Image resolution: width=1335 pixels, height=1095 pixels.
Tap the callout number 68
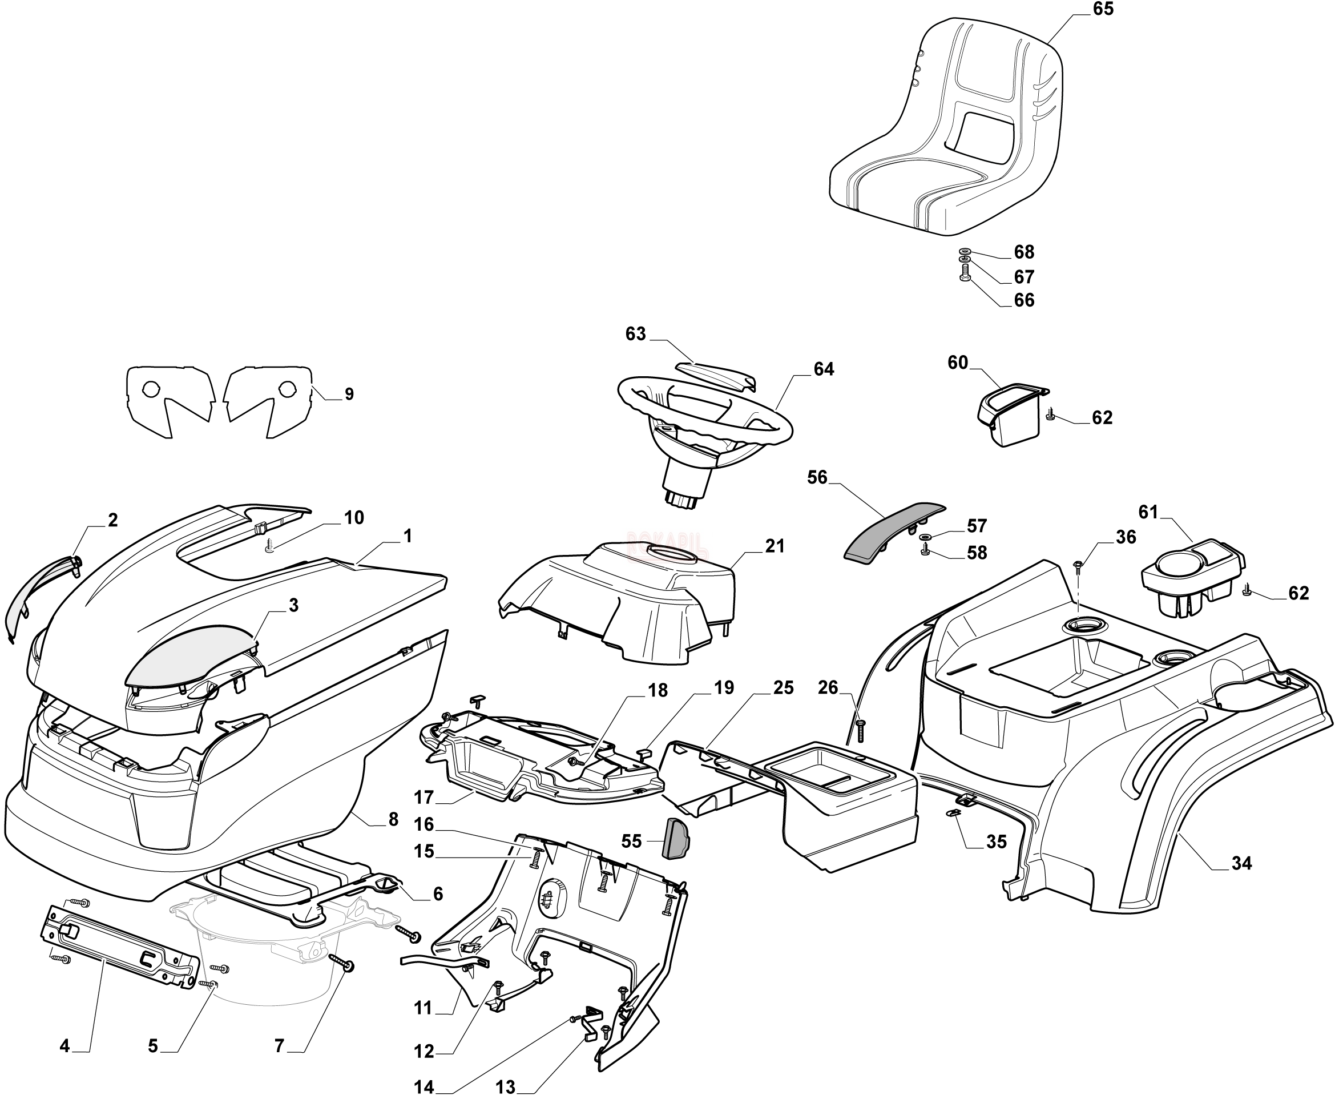coord(1023,252)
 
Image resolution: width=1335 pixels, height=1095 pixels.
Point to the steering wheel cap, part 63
coord(716,373)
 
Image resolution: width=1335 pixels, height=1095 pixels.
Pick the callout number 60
coord(957,363)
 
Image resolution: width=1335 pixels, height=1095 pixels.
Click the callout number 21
coord(775,546)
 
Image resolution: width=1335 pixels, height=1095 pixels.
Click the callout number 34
coord(1241,863)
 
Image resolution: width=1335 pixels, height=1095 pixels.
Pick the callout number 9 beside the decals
coord(349,394)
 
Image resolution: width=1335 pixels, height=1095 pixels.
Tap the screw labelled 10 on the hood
coord(270,548)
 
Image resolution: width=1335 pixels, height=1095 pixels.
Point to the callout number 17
coord(424,798)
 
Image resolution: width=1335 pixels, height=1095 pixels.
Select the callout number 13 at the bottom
coord(506,1087)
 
